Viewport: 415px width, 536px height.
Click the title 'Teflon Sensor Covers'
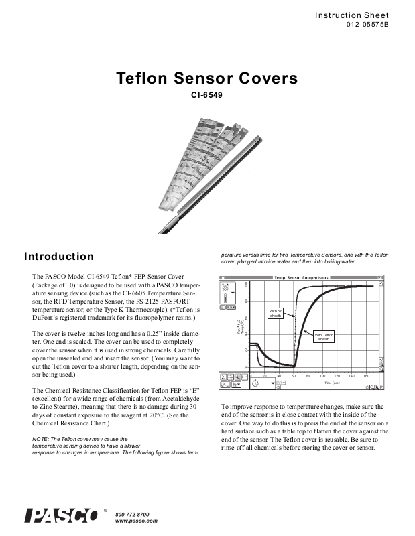[x=207, y=78]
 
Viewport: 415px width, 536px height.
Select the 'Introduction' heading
[x=59, y=257]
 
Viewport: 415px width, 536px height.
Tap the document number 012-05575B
[x=367, y=25]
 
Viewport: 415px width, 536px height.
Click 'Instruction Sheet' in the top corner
[x=352, y=15]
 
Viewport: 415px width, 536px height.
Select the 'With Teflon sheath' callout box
[x=324, y=337]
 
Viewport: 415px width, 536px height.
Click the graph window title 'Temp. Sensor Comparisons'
[x=301, y=277]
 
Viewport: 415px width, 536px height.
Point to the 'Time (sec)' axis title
[x=333, y=383]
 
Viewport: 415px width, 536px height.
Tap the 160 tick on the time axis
[x=366, y=377]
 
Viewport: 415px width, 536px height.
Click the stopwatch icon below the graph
[x=256, y=383]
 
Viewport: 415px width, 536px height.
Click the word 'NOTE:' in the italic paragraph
[x=42, y=439]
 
